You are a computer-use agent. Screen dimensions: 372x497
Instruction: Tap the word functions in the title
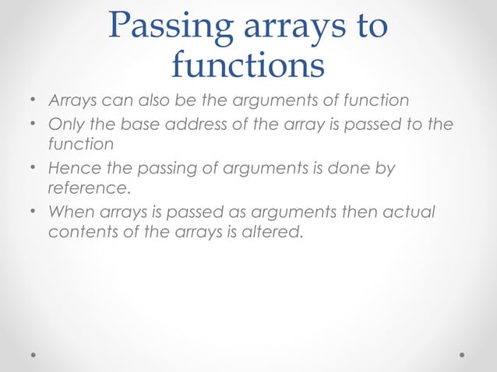pos(248,66)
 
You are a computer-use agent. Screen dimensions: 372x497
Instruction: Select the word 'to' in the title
pos(368,27)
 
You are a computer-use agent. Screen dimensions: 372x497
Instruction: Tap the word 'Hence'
pos(72,169)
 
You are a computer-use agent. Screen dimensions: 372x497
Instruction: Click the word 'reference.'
pos(86,188)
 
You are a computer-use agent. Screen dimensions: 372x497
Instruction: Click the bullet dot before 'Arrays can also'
pos(33,101)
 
